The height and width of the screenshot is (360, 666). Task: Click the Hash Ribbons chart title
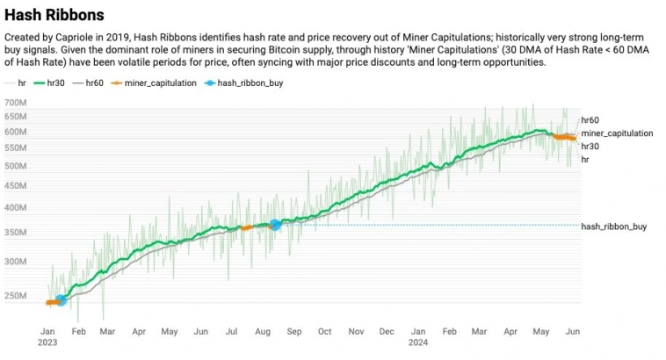click(54, 15)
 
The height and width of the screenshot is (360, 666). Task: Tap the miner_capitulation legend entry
click(157, 83)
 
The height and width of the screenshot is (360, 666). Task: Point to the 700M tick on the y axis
click(16, 104)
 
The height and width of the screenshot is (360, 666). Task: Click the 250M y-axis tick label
click(16, 296)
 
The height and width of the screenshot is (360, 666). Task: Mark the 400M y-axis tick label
click(16, 208)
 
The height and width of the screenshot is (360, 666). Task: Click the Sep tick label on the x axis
click(293, 332)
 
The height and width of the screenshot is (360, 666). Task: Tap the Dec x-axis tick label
click(386, 332)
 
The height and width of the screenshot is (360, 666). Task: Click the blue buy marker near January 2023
click(61, 300)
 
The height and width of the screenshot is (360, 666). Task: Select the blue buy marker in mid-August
click(275, 225)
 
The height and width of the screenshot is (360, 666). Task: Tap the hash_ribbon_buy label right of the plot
click(614, 227)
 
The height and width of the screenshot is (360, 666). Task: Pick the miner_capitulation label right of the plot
click(617, 133)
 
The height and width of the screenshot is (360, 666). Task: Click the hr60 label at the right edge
click(590, 120)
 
